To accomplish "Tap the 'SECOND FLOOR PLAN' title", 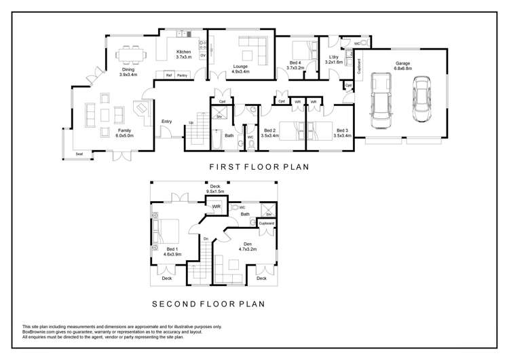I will pos(208,304).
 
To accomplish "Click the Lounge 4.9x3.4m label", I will pos(240,68).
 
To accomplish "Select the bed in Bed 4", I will pos(300,50).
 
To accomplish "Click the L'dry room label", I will pos(334,59).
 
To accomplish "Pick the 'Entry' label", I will pos(166,122).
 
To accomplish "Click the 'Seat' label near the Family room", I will pos(79,154).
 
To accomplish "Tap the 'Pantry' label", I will pos(182,75).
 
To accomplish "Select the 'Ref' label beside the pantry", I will pos(169,75).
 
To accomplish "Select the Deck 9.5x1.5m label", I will pos(214,189).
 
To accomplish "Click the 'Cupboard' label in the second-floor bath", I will pos(266,223).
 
